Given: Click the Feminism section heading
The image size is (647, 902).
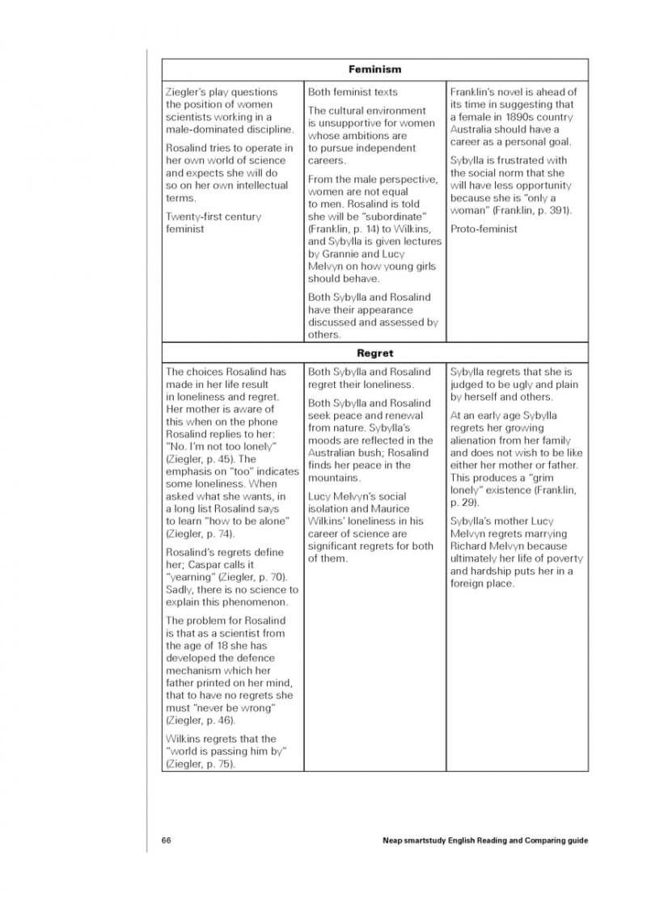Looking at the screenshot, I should [374, 70].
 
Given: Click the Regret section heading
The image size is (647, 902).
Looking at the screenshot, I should [374, 353].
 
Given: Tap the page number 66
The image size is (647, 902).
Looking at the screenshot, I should [166, 841].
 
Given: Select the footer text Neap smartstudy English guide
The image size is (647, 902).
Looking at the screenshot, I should [484, 841].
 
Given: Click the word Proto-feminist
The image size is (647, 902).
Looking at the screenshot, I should [484, 229].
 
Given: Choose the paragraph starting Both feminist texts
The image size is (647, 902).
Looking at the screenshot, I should [353, 92].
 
